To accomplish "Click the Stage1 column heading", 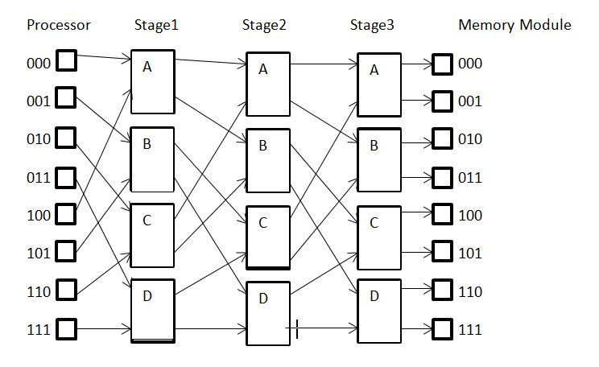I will click(156, 25).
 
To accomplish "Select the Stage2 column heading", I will click(264, 25).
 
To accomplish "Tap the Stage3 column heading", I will click(372, 25).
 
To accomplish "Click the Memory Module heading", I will click(514, 25).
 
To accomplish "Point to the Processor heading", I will click(59, 25).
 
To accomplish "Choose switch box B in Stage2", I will click(268, 159).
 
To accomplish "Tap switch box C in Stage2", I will click(268, 237).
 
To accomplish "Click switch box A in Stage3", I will click(379, 83).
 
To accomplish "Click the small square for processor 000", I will click(66, 60).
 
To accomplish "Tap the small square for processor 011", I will click(66, 177).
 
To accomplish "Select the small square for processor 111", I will click(66, 329).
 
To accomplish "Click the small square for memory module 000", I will click(443, 64).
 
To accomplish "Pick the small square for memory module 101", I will click(443, 254).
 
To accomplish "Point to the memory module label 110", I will click(470, 292).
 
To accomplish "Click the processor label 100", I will click(39, 216).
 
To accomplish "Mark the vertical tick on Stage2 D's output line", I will click(297, 329).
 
